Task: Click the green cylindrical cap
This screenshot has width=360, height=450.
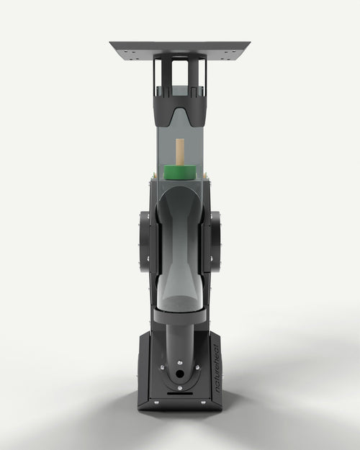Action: [180, 172]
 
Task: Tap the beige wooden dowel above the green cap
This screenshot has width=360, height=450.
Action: [180, 152]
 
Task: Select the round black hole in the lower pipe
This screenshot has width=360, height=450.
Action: [180, 374]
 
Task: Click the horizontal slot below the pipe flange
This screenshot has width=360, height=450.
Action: [180, 393]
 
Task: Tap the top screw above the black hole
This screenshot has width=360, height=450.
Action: [180, 362]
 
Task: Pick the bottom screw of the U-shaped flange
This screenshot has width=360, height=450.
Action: [180, 388]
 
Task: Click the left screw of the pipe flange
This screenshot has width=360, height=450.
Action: [163, 367]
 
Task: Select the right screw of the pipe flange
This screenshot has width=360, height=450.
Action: [197, 367]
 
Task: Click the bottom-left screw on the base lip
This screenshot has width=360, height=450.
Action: [156, 402]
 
